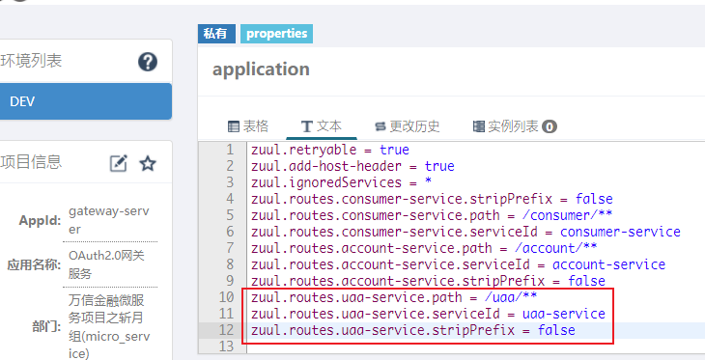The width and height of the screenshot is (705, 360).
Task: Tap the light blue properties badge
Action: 276,34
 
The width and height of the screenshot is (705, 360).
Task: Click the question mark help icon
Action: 148,62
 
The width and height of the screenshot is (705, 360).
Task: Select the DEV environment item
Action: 85,101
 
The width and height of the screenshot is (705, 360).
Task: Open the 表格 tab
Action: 248,126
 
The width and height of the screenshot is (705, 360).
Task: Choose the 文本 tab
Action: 321,126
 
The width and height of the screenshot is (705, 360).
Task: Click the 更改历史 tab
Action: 408,126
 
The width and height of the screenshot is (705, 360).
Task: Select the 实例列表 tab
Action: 515,126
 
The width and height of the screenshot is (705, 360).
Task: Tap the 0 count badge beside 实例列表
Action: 550,127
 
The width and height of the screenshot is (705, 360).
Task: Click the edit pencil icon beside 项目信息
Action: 119,164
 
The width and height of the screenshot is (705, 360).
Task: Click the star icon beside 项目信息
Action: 148,164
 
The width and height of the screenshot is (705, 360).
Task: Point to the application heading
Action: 261,69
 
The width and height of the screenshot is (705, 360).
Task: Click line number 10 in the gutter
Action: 227,297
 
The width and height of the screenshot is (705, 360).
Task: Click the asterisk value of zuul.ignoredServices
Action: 428,181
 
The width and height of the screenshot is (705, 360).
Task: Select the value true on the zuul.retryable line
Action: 394,150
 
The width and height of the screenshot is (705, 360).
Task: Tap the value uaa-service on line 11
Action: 564,314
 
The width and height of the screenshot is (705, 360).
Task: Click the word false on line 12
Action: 556,330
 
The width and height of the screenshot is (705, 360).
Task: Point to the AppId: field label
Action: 40,221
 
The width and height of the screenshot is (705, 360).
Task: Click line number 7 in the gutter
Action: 231,248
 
